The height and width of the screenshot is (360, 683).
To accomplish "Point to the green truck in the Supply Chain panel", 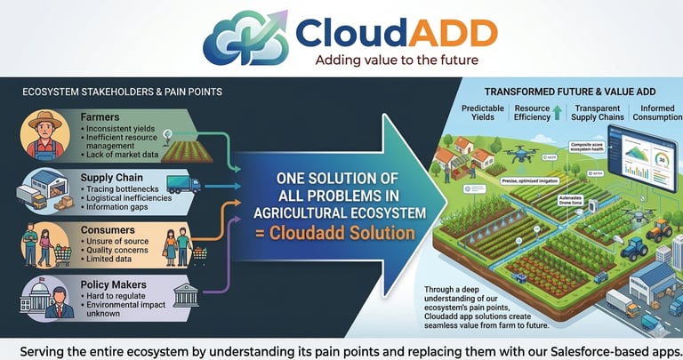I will (183, 185).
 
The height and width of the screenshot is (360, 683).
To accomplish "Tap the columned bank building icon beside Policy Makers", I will (186, 294).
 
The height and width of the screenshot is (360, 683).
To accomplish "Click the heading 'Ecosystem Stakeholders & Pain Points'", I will (121, 92).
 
